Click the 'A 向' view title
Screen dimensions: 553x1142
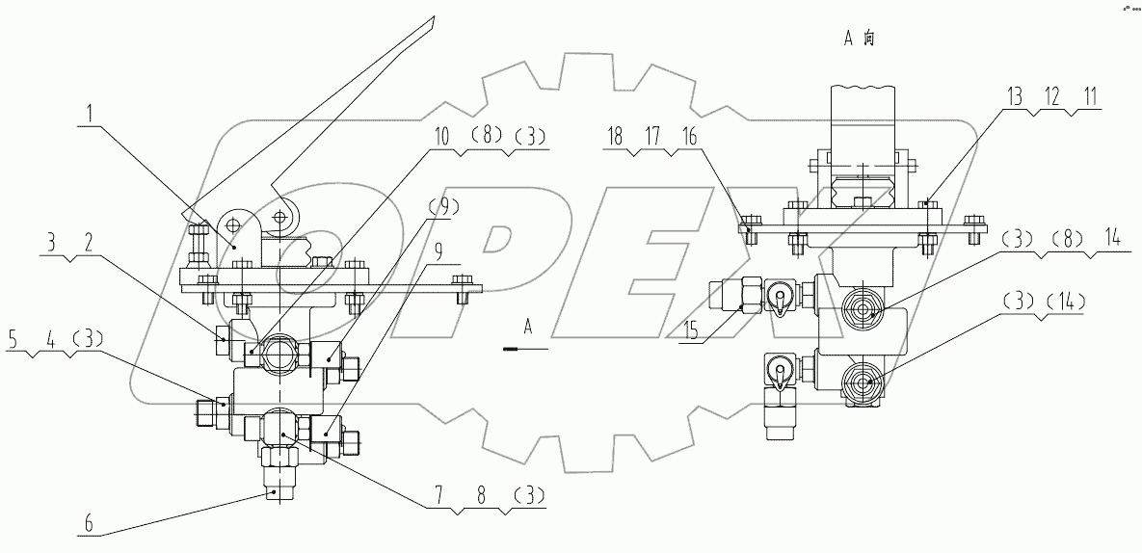(x=859, y=39)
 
